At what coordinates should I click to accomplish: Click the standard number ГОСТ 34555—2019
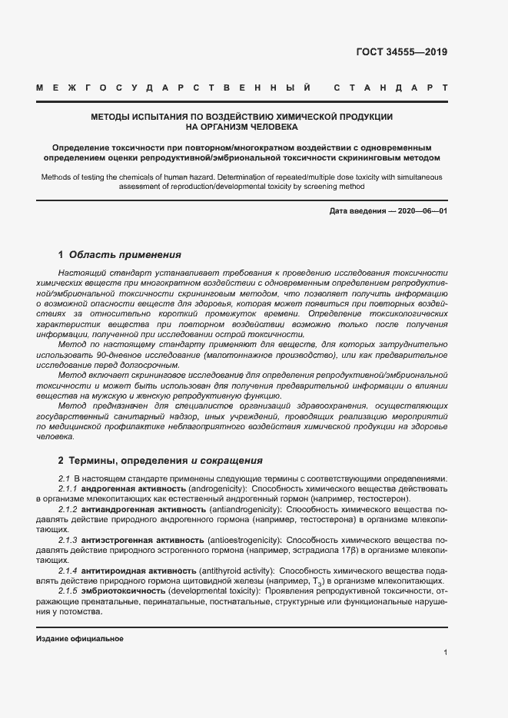(401, 53)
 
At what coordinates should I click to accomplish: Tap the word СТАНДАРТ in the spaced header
(390, 89)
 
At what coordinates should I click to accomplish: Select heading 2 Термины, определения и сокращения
(161, 461)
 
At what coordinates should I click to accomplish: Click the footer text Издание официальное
(80, 639)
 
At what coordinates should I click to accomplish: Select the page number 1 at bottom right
(446, 653)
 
